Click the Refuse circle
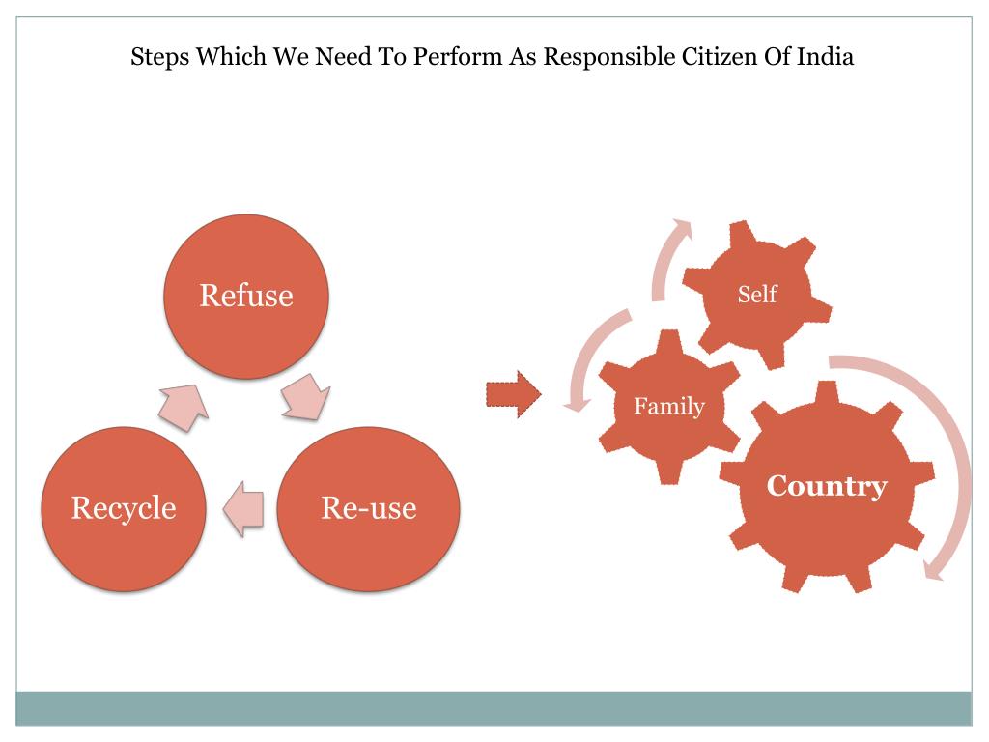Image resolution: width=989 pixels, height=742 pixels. (246, 295)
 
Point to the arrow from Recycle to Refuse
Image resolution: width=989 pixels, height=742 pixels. (184, 403)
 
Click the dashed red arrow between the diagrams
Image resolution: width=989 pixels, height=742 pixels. (513, 394)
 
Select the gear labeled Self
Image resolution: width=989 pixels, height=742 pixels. (757, 294)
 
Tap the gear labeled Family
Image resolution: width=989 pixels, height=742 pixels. (669, 406)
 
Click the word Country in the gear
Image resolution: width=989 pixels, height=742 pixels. (826, 485)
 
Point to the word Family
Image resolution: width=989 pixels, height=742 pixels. (669, 406)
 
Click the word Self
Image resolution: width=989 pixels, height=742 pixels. (757, 294)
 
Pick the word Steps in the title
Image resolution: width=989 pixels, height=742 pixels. (159, 57)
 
